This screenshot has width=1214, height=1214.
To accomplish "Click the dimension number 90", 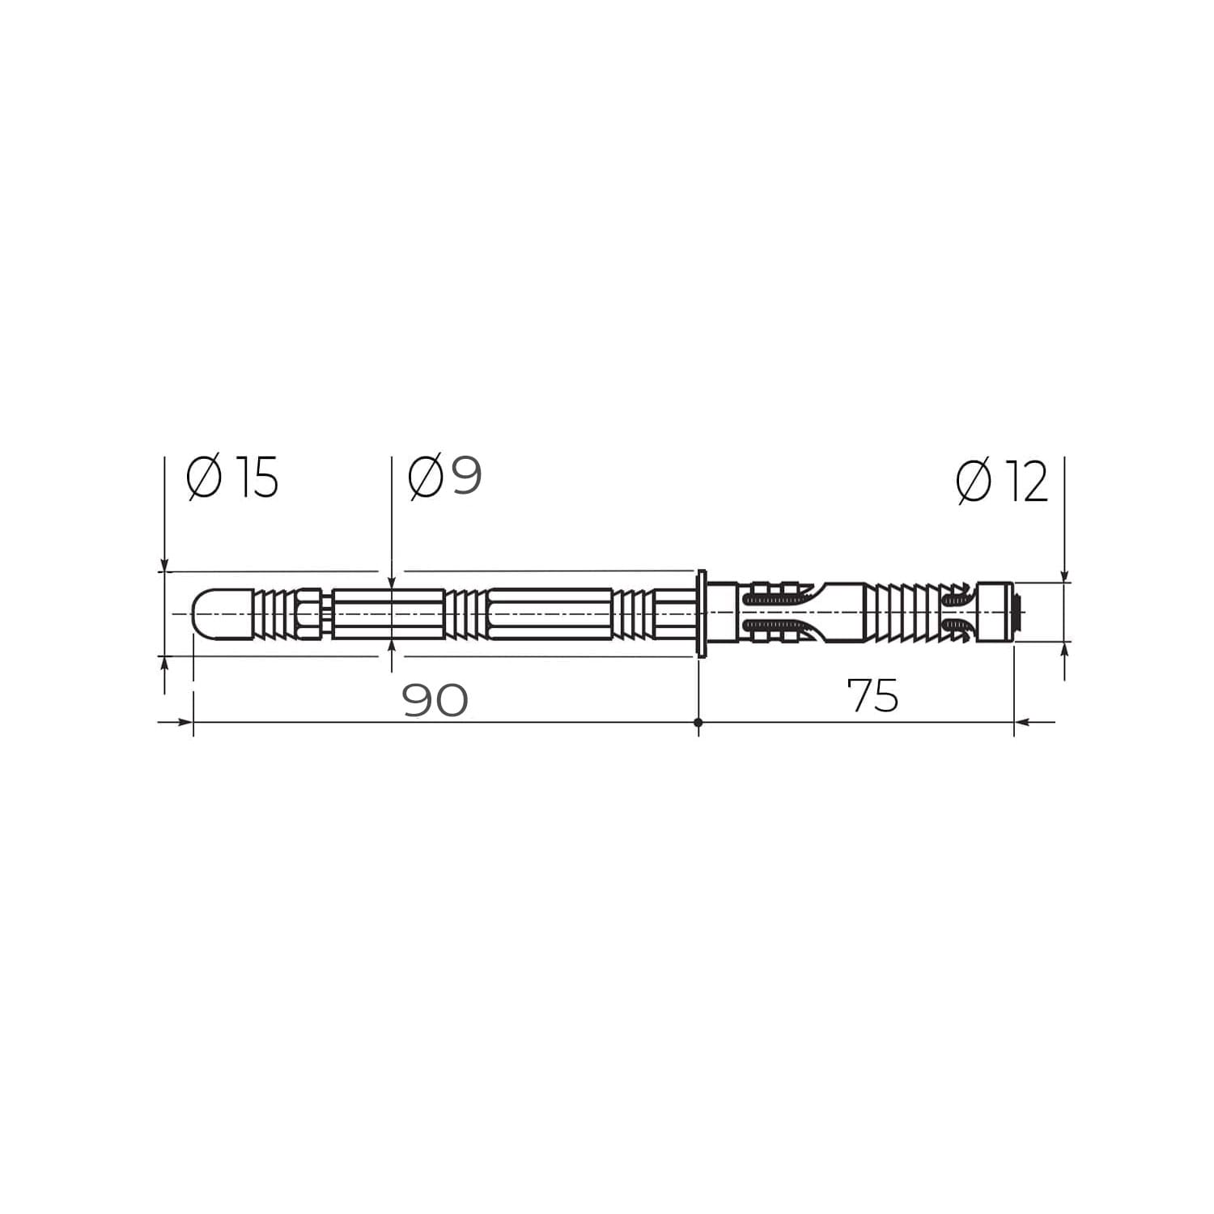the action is point(435,700).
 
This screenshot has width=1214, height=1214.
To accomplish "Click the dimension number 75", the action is point(872,695).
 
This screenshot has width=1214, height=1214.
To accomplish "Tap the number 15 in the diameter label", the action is point(257,477).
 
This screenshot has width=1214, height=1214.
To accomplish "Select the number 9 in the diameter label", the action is point(466,475).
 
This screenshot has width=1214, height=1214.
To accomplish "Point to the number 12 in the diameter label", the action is point(1026,482).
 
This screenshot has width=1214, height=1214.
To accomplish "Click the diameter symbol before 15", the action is point(203,478).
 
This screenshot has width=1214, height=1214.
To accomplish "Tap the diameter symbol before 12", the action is point(973,482).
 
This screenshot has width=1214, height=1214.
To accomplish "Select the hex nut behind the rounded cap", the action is point(309,613).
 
